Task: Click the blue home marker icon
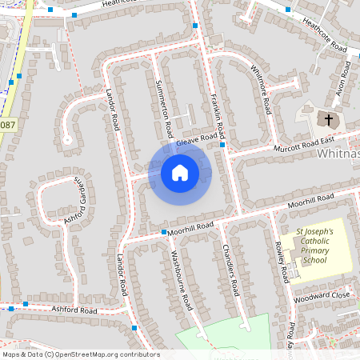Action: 179,173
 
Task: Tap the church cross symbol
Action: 326,119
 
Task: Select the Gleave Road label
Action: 197,140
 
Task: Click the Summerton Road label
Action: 164,108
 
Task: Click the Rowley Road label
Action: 282,261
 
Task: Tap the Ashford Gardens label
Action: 74,202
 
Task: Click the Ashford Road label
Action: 74,310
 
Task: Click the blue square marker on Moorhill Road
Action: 163,232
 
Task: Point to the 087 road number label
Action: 7,125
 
